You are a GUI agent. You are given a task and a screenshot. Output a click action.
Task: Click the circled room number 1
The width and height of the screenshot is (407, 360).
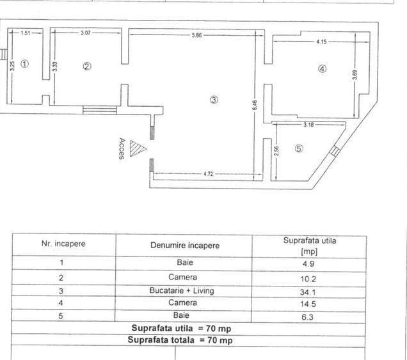click(x=24, y=64)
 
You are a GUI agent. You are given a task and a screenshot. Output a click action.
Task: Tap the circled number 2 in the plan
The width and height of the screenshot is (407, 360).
click(x=87, y=66)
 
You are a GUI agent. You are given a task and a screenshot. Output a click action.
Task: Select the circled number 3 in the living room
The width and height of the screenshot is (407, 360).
click(x=214, y=99)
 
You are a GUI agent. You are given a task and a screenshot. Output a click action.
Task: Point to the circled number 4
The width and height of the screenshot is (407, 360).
click(x=322, y=70)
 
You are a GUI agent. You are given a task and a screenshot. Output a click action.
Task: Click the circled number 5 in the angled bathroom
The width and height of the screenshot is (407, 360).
click(x=299, y=148)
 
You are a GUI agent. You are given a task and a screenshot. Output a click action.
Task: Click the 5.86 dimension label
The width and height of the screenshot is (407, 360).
click(x=196, y=35)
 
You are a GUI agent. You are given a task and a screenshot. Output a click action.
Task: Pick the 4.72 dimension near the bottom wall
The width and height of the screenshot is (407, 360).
click(x=209, y=173)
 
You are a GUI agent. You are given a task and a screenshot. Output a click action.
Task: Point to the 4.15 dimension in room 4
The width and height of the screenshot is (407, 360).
click(x=321, y=42)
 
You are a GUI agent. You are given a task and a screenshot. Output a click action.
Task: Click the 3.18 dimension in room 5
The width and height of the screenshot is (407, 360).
click(x=308, y=125)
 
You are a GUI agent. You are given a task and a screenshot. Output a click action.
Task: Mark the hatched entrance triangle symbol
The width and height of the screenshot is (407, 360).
click(x=134, y=148)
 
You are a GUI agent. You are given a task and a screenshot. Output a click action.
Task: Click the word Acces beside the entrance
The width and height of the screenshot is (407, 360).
click(x=121, y=149)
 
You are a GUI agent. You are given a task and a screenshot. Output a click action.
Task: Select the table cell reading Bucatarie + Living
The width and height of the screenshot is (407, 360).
click(x=182, y=291)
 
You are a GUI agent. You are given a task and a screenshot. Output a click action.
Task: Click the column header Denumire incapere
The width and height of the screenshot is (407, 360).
click(x=184, y=246)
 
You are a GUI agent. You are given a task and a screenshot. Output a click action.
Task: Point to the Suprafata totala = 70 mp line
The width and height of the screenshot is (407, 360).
click(x=180, y=340)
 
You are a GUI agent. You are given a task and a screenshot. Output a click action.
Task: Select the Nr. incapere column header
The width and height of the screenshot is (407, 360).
click(x=63, y=244)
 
